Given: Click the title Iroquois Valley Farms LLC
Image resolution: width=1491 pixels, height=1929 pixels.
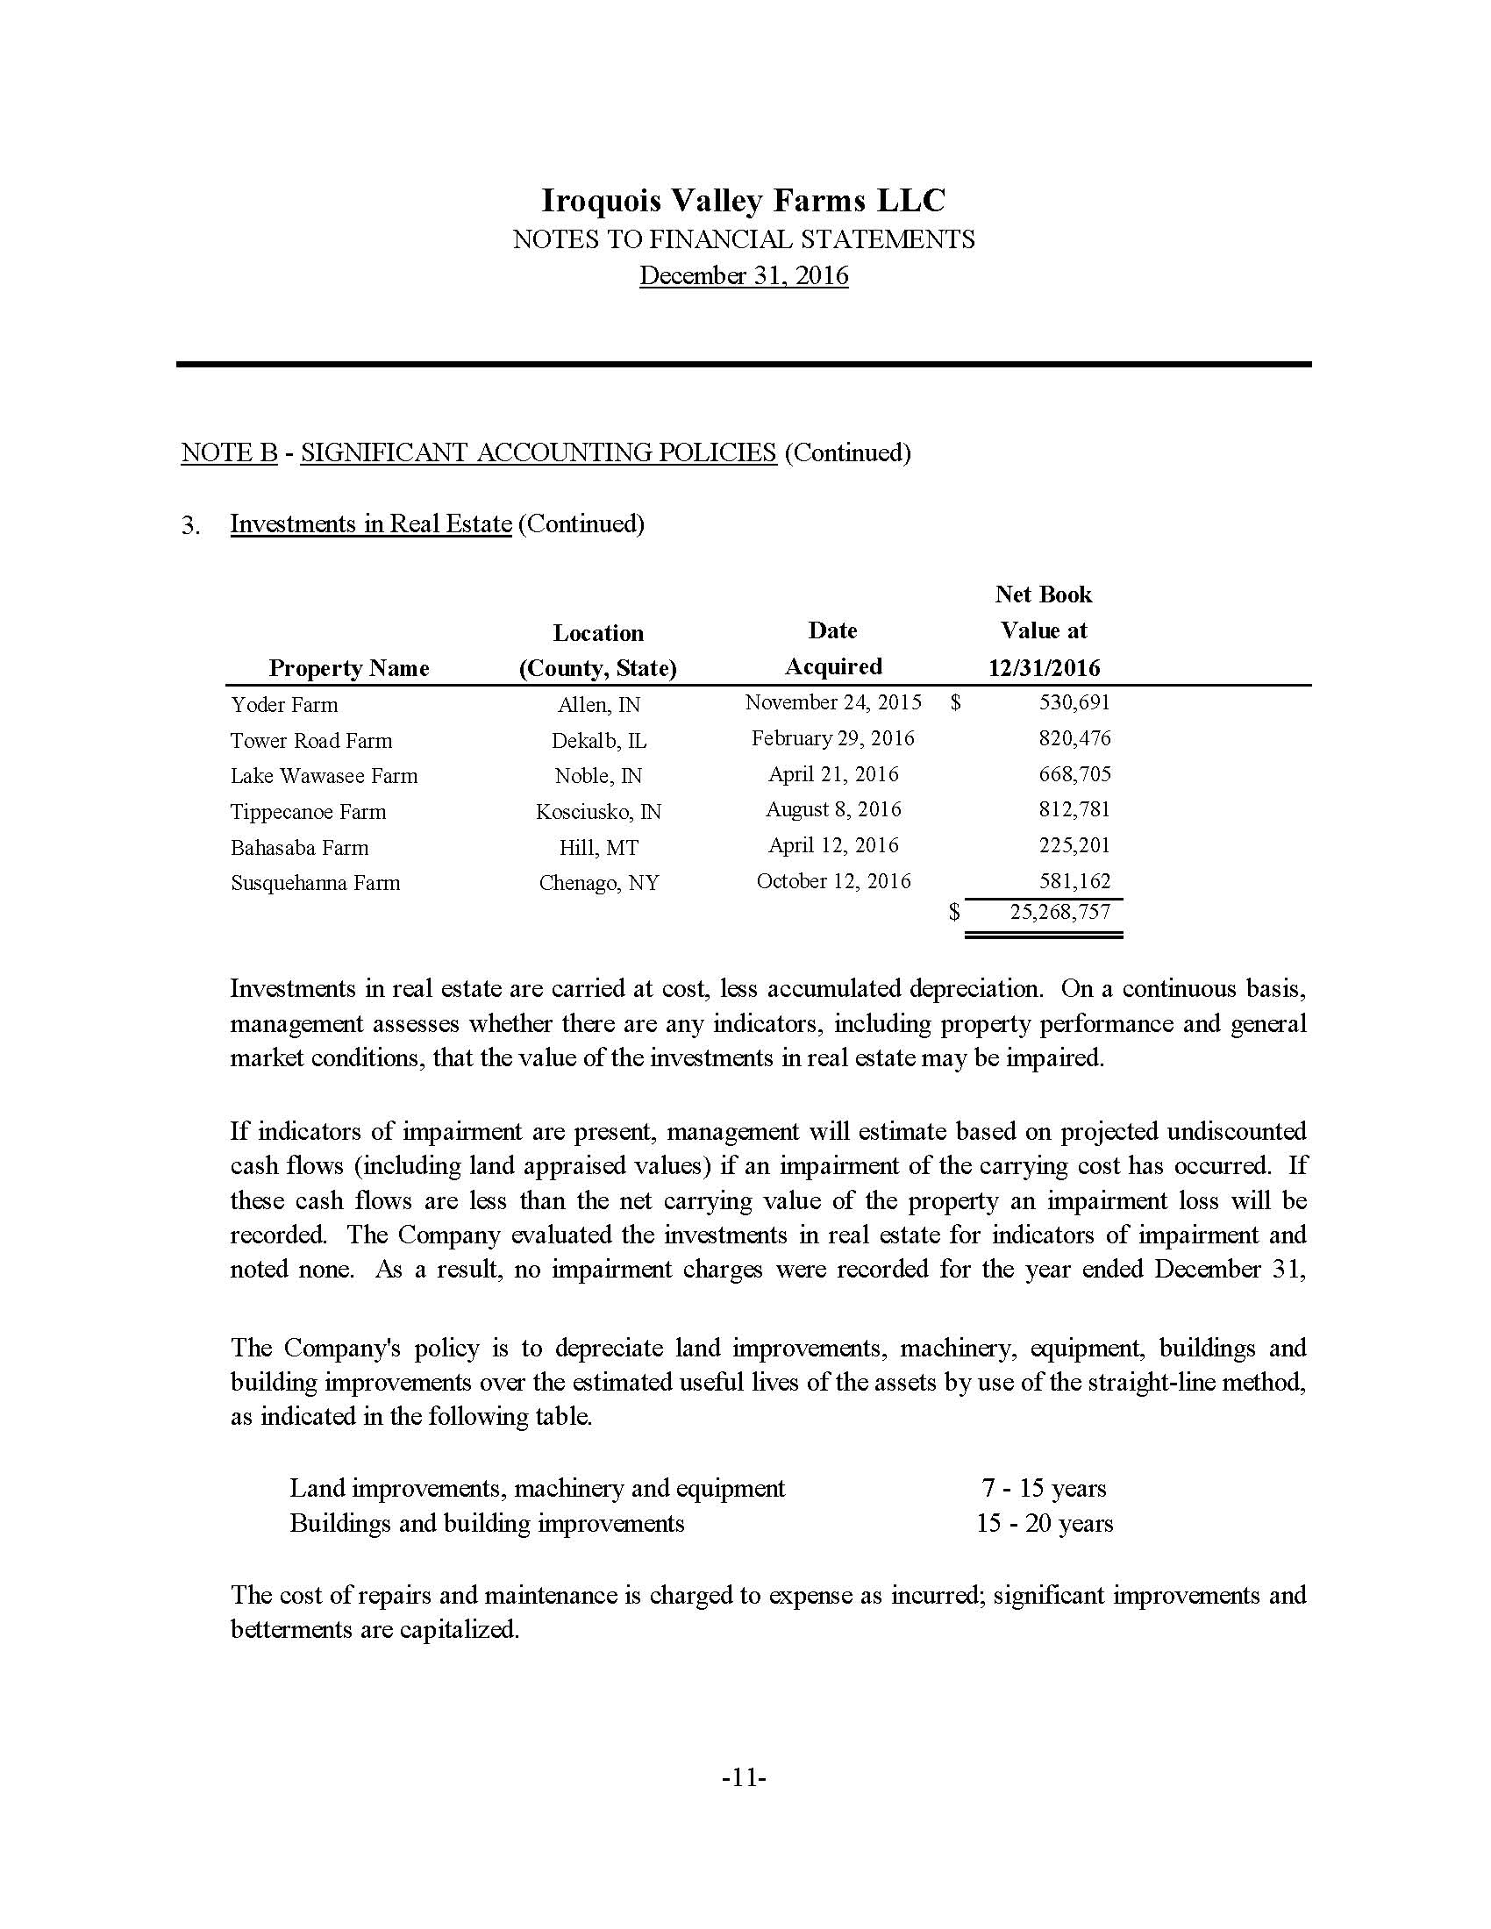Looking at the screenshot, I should point(743,201).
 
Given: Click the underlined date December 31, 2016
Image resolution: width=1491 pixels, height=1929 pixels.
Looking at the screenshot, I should point(744,275).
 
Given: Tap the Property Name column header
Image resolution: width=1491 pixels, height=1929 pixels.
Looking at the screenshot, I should point(349,668).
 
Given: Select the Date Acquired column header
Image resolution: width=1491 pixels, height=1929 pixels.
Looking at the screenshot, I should point(833,648).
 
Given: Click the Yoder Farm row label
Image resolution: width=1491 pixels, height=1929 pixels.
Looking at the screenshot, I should point(283,705).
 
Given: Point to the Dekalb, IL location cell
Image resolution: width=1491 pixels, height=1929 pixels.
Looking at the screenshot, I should point(599,740).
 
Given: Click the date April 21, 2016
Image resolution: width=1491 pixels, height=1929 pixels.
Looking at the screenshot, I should point(833,774).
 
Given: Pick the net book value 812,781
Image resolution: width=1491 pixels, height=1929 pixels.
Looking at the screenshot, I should point(1075,810).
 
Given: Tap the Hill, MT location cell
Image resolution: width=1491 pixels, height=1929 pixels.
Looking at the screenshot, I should point(599,848).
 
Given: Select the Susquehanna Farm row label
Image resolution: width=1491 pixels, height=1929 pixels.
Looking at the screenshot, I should point(316,883).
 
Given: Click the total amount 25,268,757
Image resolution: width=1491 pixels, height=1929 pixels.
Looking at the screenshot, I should point(1060,913).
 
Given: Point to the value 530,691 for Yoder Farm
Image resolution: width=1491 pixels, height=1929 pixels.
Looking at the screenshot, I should point(1075,703).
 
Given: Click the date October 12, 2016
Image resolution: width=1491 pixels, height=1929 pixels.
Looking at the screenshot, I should point(833,881).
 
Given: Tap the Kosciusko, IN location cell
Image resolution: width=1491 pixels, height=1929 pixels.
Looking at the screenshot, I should point(599,812).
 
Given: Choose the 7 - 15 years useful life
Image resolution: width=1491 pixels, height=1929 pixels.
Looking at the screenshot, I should point(1043,1488).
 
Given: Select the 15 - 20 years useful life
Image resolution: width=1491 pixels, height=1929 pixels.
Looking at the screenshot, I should point(1044,1524).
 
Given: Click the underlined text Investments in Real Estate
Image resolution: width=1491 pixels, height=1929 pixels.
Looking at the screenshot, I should point(371,523).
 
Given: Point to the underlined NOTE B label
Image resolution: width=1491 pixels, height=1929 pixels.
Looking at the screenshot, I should point(230,452).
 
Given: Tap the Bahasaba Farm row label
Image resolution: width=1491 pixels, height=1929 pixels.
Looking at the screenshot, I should point(299,848).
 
